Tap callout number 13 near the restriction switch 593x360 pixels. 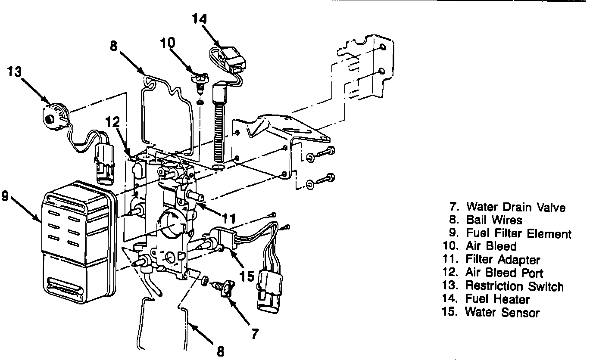[15, 71]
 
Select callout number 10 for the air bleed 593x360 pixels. [168, 43]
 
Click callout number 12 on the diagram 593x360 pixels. [112, 123]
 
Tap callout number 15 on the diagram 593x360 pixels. [247, 276]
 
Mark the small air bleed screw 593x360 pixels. [200, 83]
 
